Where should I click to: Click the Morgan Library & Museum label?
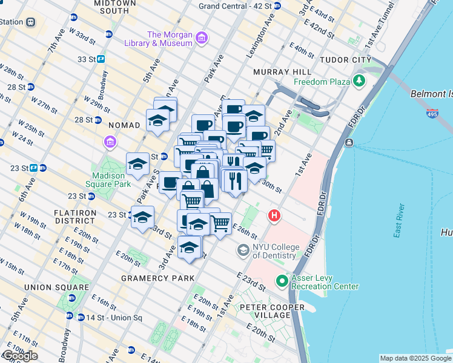(x=170, y=39)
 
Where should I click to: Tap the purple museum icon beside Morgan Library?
(x=202, y=39)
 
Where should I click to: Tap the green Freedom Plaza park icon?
(x=360, y=81)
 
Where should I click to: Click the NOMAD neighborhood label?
(x=124, y=125)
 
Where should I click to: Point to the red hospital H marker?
(x=274, y=215)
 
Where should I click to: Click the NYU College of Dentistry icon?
(x=243, y=250)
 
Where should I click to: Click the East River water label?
(x=398, y=221)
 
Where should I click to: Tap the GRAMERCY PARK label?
(x=157, y=278)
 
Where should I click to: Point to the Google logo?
(x=19, y=356)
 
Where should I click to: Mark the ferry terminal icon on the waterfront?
(x=349, y=143)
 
